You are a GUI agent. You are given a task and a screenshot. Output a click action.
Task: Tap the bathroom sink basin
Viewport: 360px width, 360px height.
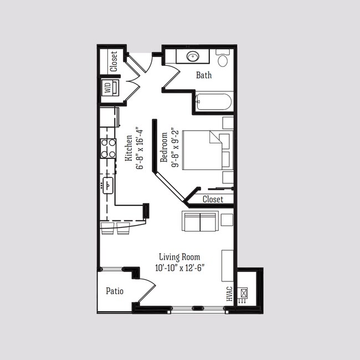pos(193,56)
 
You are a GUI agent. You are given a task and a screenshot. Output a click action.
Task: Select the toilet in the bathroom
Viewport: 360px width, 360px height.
pos(224,59)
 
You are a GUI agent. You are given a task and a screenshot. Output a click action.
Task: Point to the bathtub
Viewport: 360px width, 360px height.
pos(213,102)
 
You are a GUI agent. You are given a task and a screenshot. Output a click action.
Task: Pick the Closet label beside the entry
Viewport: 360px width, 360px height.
pos(114,61)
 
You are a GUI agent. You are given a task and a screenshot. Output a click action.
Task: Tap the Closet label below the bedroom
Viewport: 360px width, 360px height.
pos(213,199)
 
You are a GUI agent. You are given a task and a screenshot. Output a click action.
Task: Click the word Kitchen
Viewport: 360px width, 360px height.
pos(128,148)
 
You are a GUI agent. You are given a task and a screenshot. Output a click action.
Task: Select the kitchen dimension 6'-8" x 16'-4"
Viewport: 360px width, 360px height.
pos(140,150)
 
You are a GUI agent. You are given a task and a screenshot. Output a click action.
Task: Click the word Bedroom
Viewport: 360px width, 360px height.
pos(164,147)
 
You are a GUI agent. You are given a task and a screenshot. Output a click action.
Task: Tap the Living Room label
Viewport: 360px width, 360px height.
pos(179,257)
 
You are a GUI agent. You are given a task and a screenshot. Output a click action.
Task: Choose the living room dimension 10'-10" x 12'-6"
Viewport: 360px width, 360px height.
pos(179,268)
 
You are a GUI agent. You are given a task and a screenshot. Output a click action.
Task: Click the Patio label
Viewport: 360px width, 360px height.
pos(114,291)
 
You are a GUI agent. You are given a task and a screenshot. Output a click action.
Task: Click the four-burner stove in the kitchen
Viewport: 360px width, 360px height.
pos(108,148)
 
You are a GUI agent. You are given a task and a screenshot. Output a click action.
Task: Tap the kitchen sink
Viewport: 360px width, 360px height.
pos(107,185)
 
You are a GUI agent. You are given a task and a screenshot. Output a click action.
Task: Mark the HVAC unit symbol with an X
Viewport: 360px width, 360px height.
pos(244,292)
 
